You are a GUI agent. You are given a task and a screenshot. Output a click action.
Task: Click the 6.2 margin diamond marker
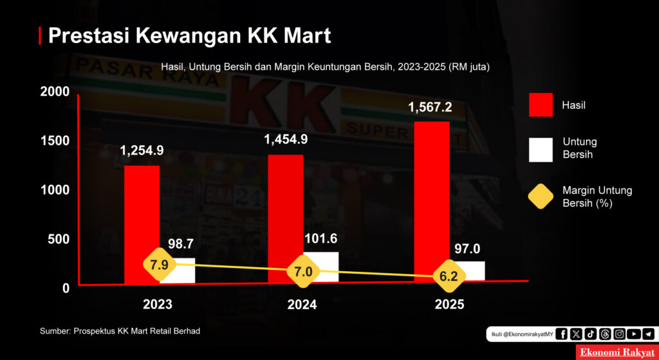pyautogui.click(x=449, y=277)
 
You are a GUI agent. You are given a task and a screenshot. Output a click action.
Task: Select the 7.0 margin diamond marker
pyautogui.click(x=303, y=272)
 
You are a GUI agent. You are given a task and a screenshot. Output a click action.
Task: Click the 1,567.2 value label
pyautogui.click(x=430, y=107)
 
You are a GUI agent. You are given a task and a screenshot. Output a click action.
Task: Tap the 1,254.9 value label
pyautogui.click(x=142, y=151)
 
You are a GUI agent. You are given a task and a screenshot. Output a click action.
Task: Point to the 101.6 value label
pyautogui.click(x=320, y=239)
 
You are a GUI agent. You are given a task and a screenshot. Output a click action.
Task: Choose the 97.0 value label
pyautogui.click(x=468, y=249)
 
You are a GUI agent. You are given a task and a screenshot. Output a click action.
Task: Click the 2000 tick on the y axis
pyautogui.click(x=54, y=91)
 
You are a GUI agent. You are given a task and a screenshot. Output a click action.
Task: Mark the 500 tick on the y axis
pyautogui.click(x=58, y=239)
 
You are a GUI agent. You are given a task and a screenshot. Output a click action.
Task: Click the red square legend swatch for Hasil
pyautogui.click(x=541, y=105)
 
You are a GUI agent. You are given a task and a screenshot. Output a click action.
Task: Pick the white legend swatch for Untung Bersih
pyautogui.click(x=541, y=149)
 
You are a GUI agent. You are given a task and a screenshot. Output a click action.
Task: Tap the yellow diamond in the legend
pyautogui.click(x=541, y=196)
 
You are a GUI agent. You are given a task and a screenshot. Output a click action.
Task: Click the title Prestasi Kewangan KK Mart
pyautogui.click(x=189, y=35)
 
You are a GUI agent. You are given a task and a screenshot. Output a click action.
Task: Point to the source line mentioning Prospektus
pyautogui.click(x=120, y=331)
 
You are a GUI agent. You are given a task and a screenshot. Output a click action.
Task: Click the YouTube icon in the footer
pyautogui.click(x=633, y=334)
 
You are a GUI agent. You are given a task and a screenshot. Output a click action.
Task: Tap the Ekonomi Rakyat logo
pyautogui.click(x=617, y=352)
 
